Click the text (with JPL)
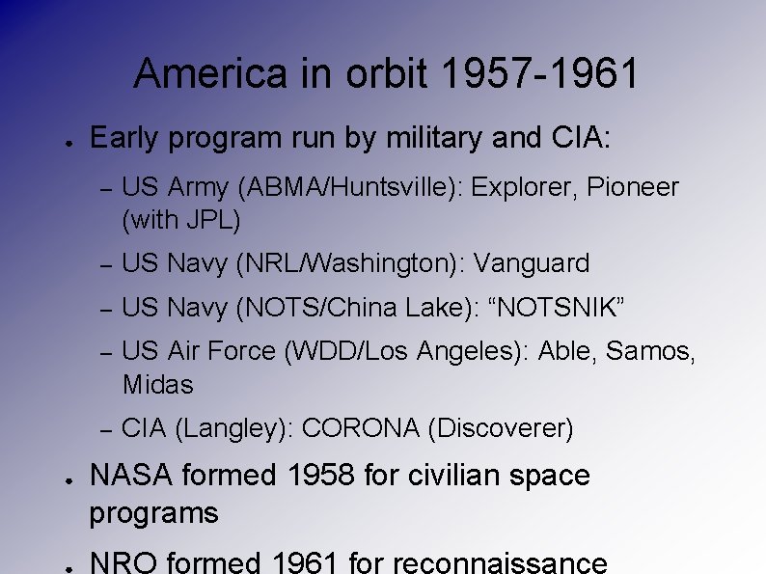point(180,220)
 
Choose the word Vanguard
point(532,263)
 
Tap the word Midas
point(158,385)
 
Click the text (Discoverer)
point(501,428)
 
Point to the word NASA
point(130,476)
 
